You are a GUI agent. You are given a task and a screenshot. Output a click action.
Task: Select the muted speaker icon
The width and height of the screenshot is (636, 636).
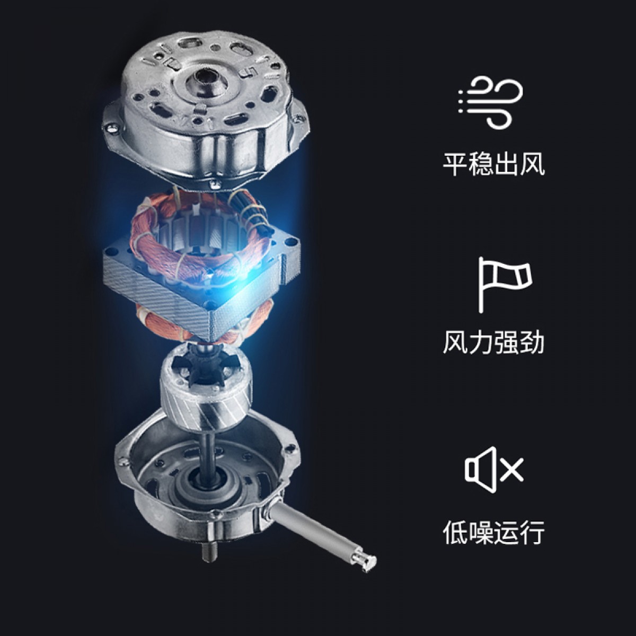[x=494, y=470]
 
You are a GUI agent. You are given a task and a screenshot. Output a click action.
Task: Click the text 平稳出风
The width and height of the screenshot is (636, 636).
[x=493, y=164]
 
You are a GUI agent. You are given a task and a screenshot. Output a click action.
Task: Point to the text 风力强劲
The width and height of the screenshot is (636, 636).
[x=493, y=343]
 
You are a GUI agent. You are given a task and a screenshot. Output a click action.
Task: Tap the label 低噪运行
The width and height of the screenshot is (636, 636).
[x=493, y=532]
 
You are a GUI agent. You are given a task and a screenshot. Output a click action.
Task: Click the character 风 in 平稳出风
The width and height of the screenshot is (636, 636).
[x=532, y=164]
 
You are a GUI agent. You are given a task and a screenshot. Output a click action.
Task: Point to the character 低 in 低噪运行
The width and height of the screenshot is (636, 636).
[x=455, y=532]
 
